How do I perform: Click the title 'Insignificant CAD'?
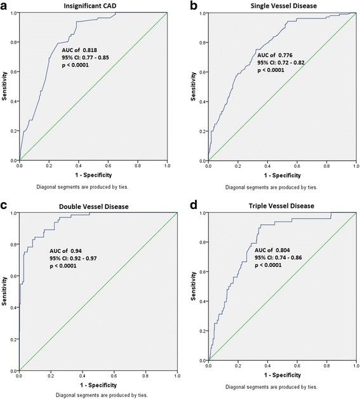[x=93, y=5]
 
